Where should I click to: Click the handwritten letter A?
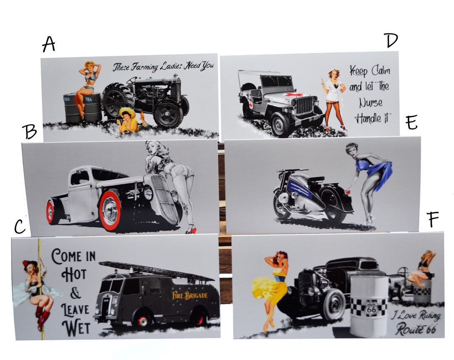49,44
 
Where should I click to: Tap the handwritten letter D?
391,40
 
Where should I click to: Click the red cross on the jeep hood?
293,95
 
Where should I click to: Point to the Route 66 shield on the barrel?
371,308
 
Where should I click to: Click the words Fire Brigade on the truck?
190,295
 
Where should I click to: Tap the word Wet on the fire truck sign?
76,328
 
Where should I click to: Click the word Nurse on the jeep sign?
371,102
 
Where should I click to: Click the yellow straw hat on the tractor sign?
127,111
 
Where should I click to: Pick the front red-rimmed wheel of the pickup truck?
111,210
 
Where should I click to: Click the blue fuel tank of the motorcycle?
299,188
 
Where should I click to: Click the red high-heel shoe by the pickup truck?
191,231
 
